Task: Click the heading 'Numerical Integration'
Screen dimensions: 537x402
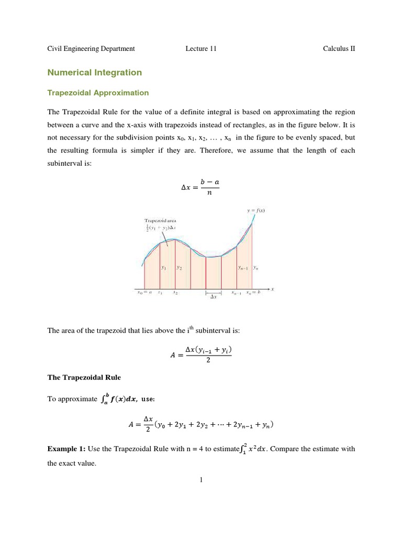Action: tap(95, 72)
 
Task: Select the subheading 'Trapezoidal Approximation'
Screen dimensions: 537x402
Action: tap(98, 93)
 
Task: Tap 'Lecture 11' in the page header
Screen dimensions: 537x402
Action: tap(200, 49)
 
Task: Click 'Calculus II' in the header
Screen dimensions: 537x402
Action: tap(339, 49)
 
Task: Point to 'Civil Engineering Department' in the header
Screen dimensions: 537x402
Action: tap(91, 49)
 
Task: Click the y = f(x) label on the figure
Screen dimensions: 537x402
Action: tap(256, 210)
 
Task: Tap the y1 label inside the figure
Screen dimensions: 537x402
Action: tap(164, 267)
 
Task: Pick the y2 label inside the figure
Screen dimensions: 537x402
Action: tap(179, 267)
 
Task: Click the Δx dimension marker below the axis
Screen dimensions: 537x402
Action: tap(213, 297)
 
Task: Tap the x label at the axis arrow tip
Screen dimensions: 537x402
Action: tap(273, 289)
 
